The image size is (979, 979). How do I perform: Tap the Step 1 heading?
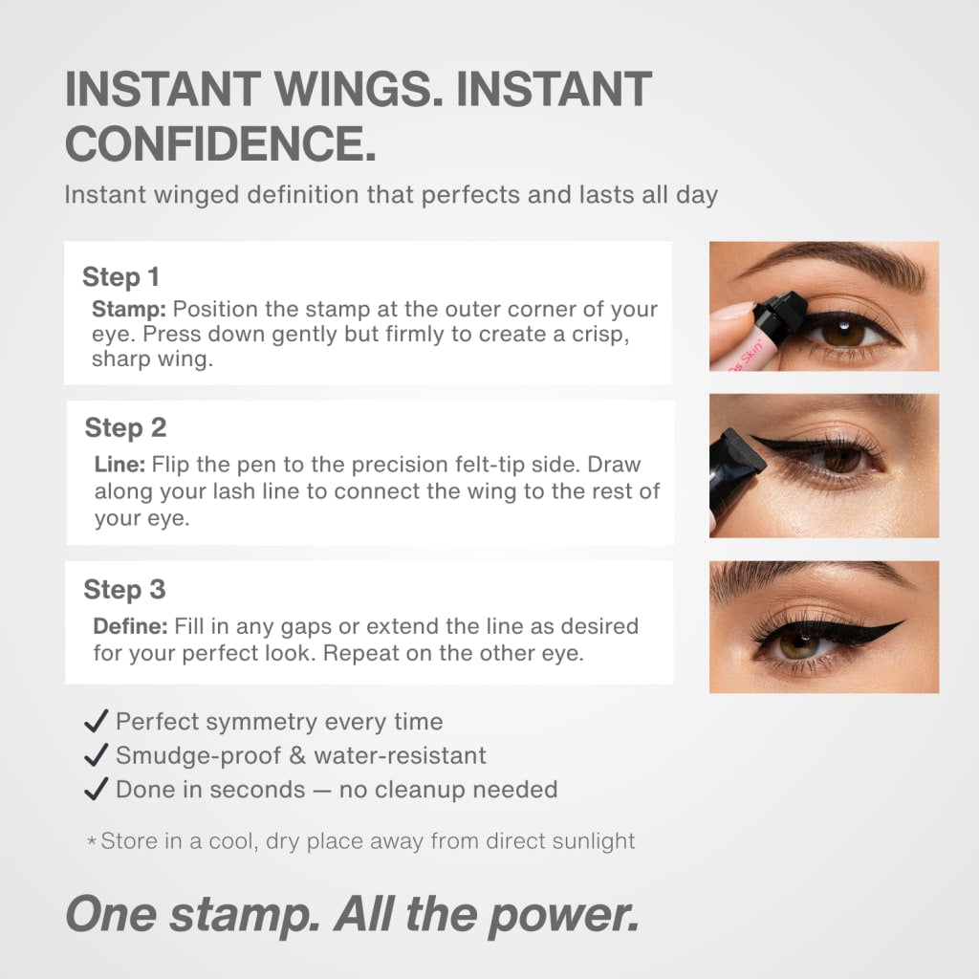coord(120,277)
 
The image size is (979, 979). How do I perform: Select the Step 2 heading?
coord(125,427)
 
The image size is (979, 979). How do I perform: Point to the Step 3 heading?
coord(124,590)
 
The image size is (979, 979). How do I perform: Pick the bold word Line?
coord(119,465)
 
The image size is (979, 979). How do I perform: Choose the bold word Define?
coord(131,627)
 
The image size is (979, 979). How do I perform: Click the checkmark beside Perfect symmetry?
coord(96,721)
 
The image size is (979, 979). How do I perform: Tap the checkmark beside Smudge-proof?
coord(96,755)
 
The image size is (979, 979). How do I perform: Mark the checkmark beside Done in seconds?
coord(96,790)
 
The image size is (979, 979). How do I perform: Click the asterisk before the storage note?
coord(92,842)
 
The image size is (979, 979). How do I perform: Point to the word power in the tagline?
coord(562,915)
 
